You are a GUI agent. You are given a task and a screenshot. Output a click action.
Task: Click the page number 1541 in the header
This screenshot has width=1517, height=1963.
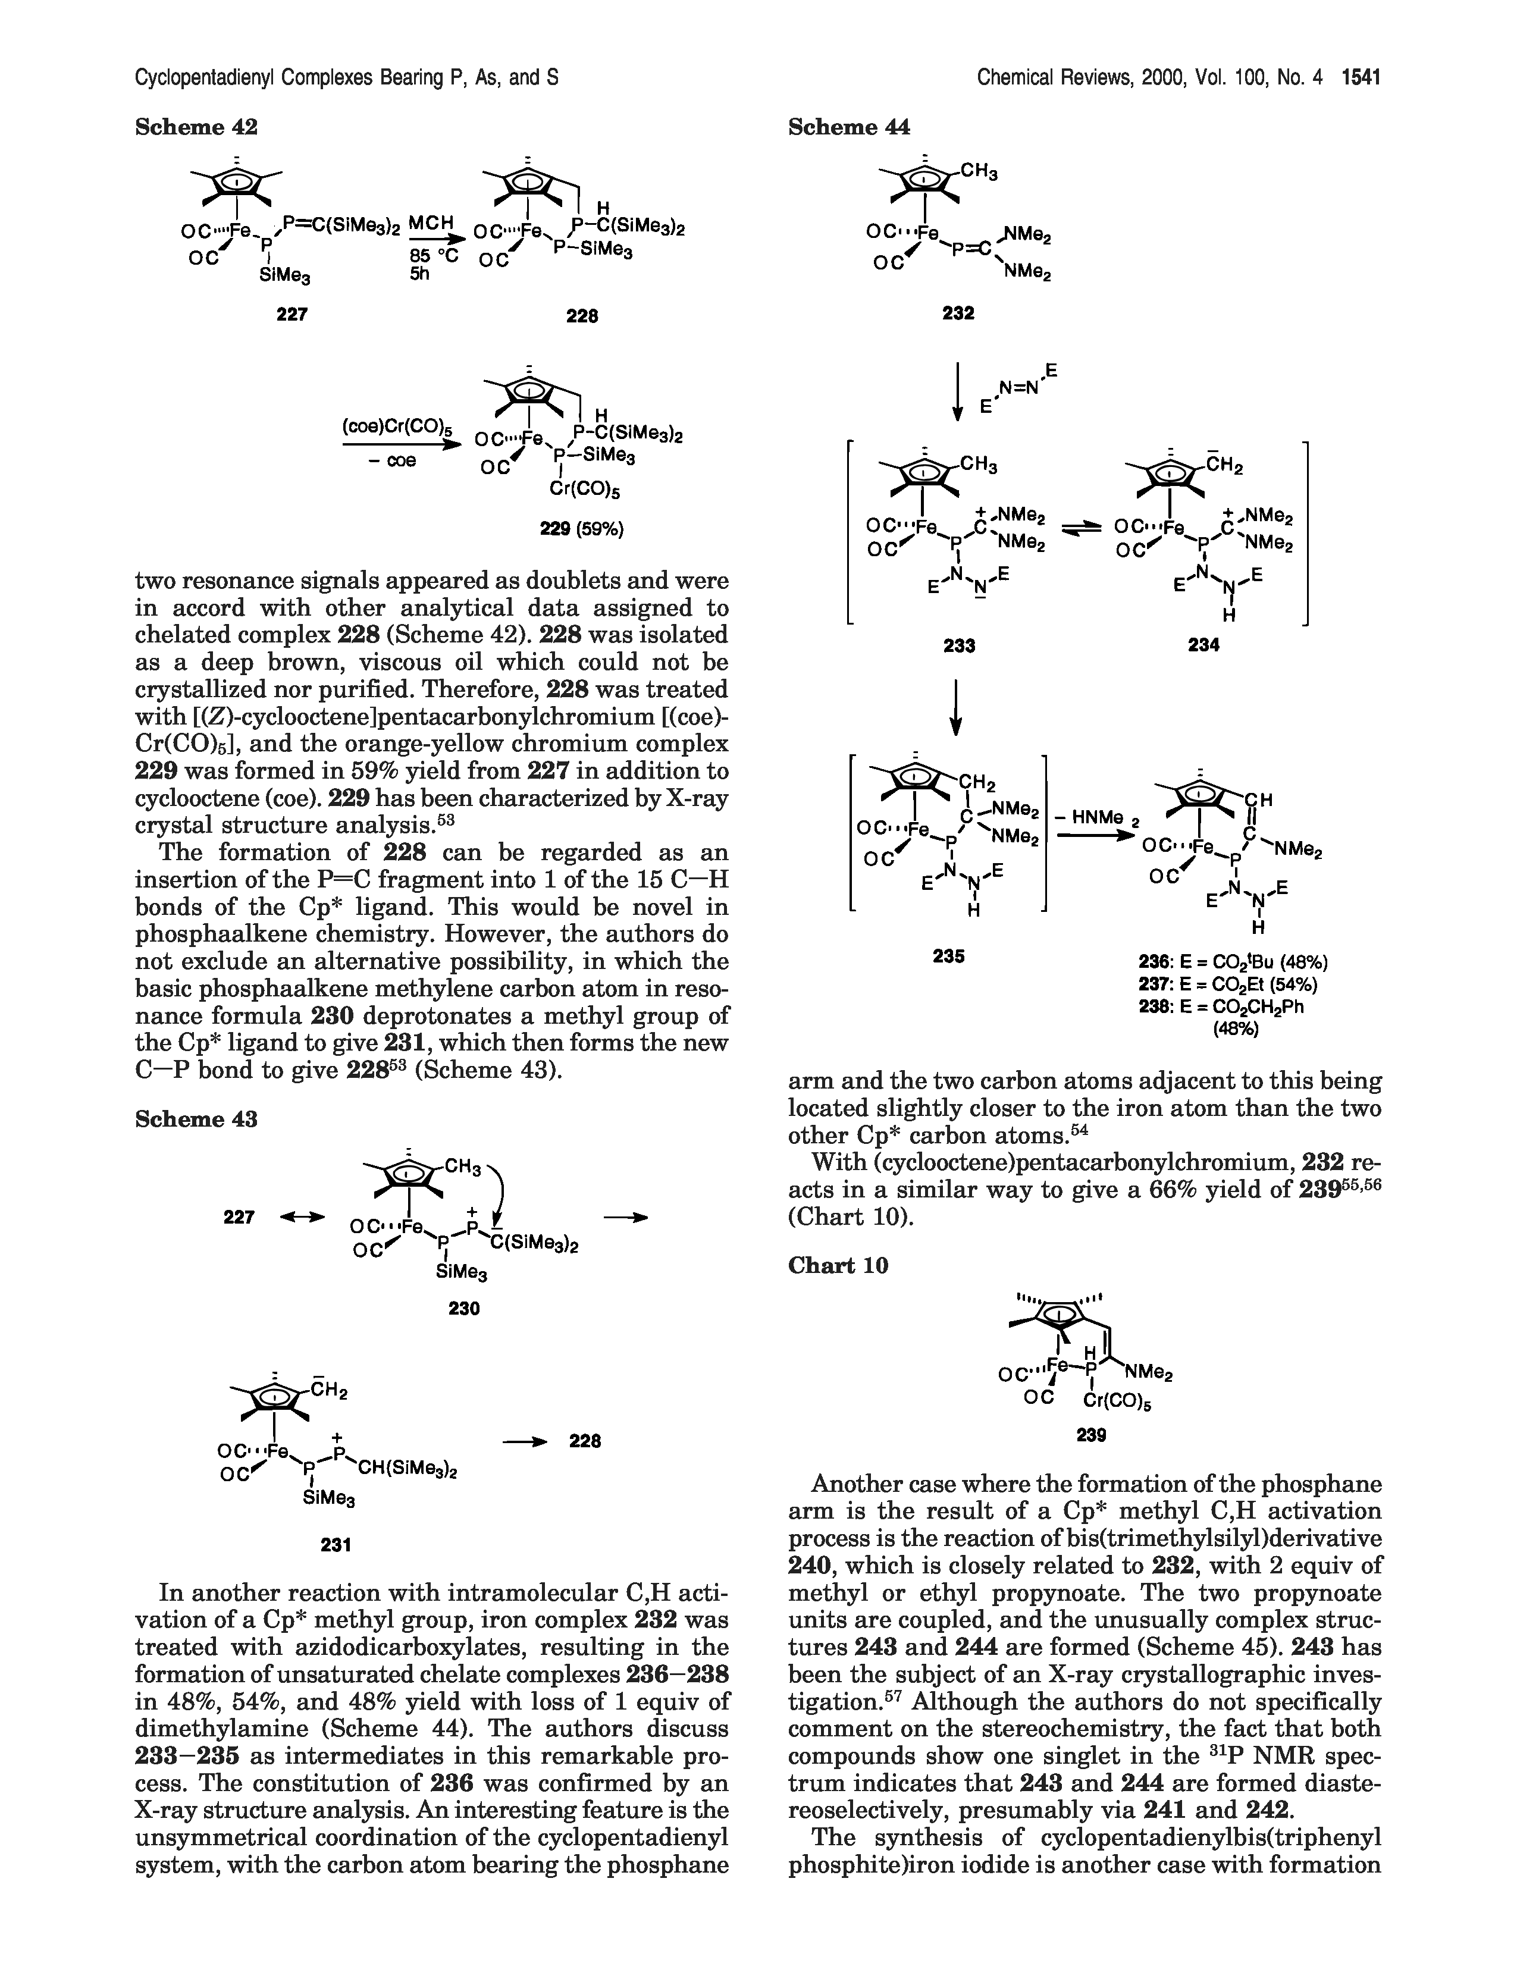[1361, 78]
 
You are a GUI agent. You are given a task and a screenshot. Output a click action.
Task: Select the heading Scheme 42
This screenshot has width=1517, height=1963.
[196, 128]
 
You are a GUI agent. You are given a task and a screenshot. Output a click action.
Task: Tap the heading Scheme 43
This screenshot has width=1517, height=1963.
[196, 1119]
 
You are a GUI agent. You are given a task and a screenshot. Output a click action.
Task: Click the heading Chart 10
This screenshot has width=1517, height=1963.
[838, 1265]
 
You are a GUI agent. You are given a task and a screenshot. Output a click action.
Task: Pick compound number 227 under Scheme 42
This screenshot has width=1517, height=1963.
[292, 313]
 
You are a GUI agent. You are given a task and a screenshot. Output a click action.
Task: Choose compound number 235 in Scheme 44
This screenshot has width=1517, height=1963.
[949, 957]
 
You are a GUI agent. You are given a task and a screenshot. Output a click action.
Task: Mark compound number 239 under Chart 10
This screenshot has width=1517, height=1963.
[1091, 1435]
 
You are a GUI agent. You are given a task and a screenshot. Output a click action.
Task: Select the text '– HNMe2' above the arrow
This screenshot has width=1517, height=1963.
[1096, 818]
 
